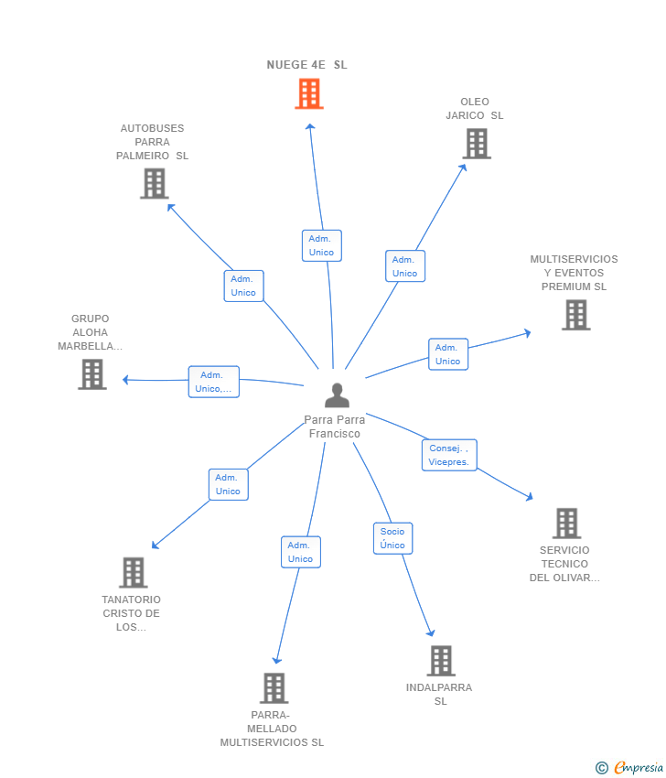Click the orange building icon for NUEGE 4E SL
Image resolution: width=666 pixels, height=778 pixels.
pos(309,93)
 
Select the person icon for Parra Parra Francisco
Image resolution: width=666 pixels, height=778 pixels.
pos(338,395)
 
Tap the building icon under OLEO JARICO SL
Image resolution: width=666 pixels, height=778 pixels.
pos(477,144)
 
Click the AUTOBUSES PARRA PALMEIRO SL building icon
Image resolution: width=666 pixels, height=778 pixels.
pos(155,184)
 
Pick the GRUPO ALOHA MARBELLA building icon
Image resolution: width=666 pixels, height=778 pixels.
pos(92,374)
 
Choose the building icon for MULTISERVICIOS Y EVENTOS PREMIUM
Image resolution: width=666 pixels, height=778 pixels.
pos(575,315)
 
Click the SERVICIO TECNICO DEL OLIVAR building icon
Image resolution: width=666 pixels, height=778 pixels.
pos(566,523)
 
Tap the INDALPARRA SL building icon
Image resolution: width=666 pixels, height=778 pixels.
pos(441,661)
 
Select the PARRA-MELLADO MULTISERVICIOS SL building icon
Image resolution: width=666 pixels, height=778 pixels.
pos(274,688)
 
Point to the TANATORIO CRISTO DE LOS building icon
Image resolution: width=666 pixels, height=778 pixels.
pos(134,572)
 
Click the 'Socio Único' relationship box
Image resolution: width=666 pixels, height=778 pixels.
pos(392,538)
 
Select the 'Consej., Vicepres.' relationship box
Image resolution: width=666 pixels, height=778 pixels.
pos(449,455)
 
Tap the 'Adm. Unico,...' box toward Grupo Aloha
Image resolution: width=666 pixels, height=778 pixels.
pos(214,382)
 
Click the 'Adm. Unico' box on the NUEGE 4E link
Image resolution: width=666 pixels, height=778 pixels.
pos(322,245)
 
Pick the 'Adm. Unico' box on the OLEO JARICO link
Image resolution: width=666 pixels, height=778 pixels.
pos(405,266)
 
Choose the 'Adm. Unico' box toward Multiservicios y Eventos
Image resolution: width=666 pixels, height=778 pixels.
pos(448,354)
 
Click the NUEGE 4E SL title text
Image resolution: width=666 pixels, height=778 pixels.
pos(307,65)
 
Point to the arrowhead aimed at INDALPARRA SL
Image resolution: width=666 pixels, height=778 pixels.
pos(431,632)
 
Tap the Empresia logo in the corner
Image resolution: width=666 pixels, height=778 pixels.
pos(629,767)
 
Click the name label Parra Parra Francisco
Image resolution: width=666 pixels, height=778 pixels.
pos(335,427)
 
